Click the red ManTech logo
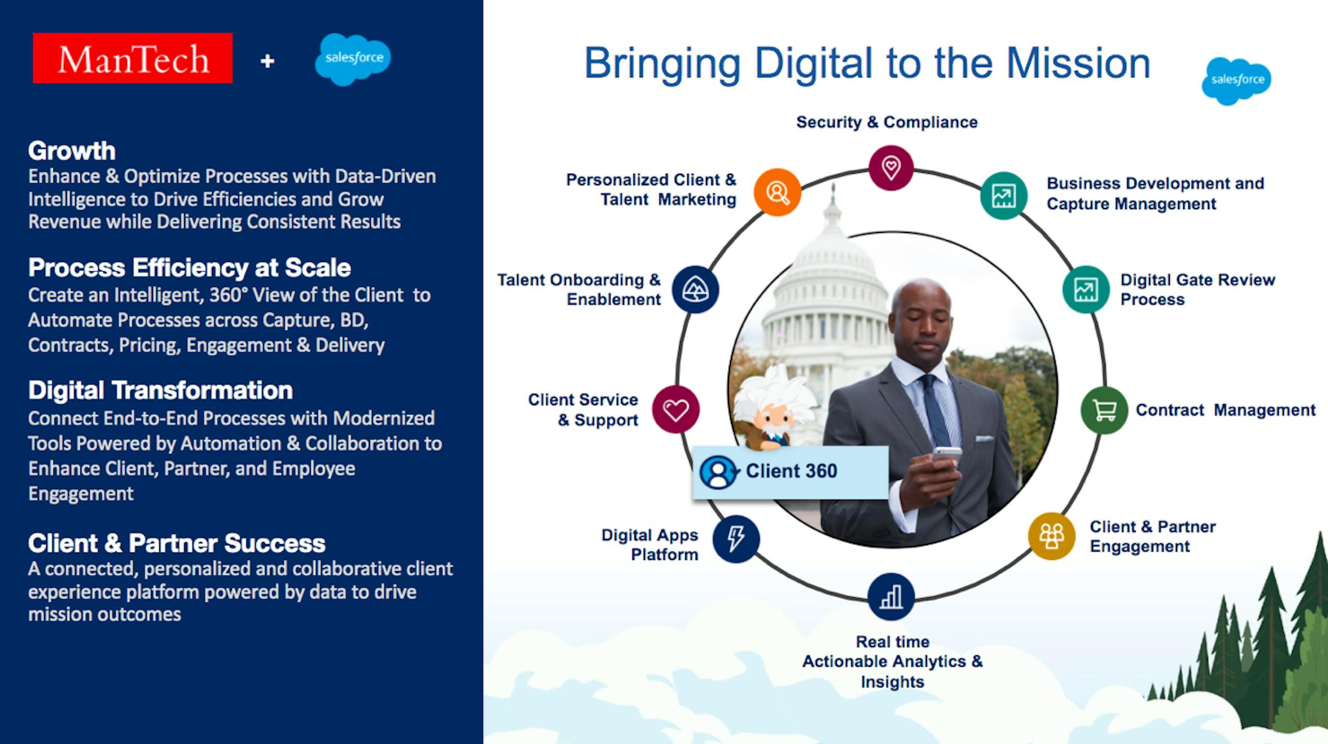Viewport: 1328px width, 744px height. point(132,58)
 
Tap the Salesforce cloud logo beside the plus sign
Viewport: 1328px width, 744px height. point(353,59)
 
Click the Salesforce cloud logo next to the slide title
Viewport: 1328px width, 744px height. point(1236,81)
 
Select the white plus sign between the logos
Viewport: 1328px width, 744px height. point(267,61)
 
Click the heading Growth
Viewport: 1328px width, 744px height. point(72,151)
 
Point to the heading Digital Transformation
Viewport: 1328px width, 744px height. point(160,390)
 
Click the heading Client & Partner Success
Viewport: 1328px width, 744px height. point(176,543)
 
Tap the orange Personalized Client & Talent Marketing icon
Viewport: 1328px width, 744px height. point(777,192)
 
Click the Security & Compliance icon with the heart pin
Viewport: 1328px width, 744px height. point(891,168)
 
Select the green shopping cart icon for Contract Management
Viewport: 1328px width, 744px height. point(1104,410)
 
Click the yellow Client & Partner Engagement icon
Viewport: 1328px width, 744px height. point(1052,536)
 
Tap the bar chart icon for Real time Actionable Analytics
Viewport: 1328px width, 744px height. point(891,597)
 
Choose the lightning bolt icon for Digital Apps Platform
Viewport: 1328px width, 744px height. point(736,539)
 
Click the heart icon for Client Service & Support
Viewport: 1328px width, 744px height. point(675,410)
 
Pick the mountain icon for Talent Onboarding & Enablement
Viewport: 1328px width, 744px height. point(695,290)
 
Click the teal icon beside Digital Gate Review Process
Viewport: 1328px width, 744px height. point(1085,290)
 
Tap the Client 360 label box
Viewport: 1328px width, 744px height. point(790,472)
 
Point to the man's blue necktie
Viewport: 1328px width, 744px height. point(934,410)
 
